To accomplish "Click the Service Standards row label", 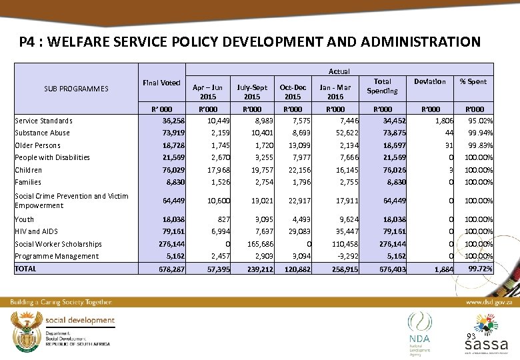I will pos(44,121).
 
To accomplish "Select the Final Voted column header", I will pos(161,83).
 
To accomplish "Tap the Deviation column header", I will pos(430,81).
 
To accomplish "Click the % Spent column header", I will pos(473,81).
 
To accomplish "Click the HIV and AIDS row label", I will pos(37,231).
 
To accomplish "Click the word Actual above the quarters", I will pos(339,71).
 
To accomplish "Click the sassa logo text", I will pos(486,345).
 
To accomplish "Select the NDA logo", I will pos(420,331).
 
